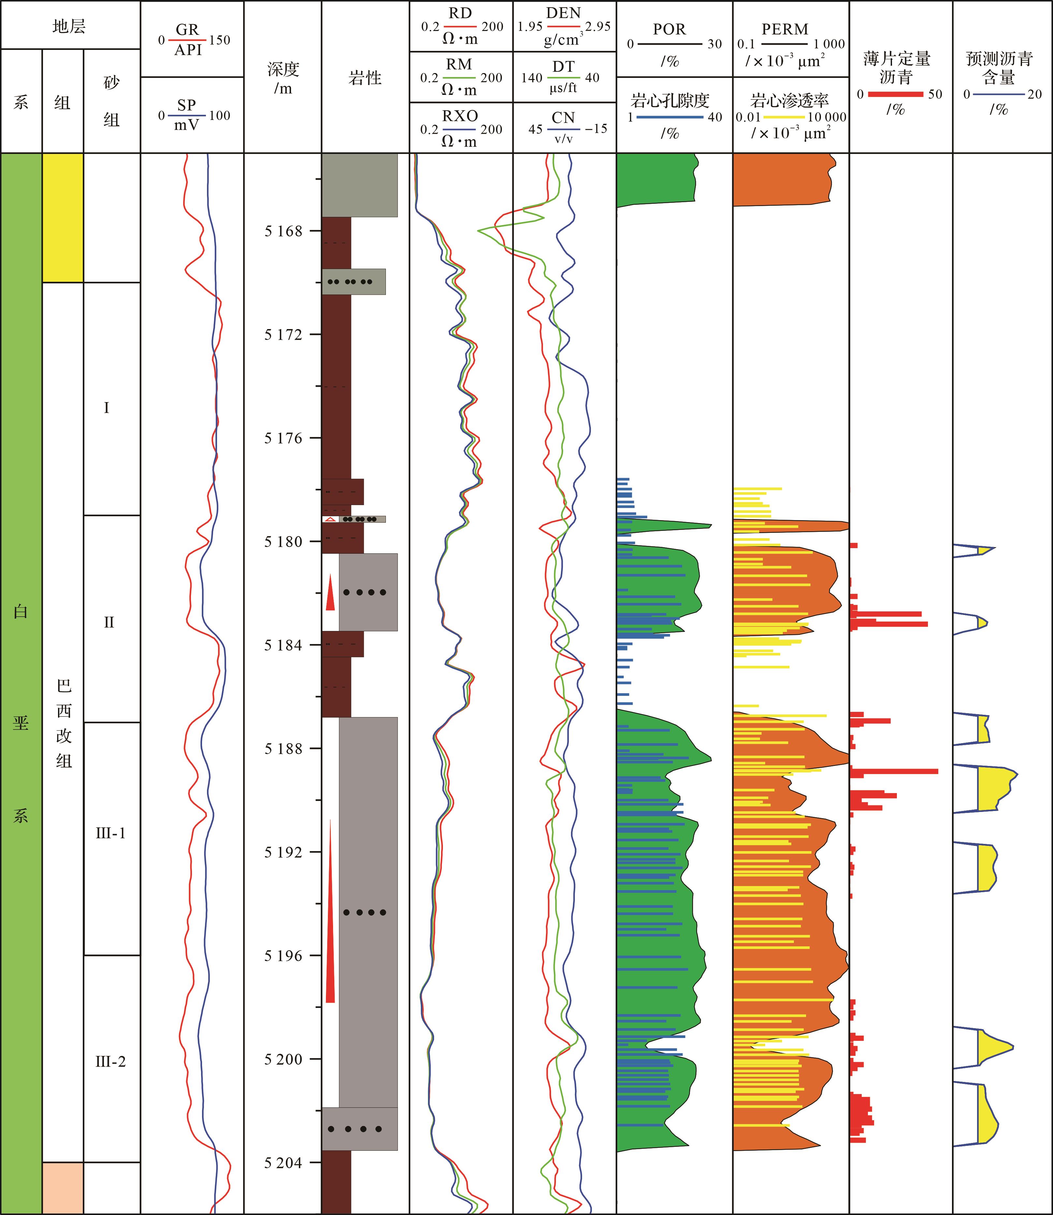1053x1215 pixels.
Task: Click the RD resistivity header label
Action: (460, 13)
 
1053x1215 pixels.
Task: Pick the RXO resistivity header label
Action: (460, 116)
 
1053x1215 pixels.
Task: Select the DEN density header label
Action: (563, 13)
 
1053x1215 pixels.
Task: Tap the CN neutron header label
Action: (563, 118)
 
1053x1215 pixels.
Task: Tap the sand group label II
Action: (109, 622)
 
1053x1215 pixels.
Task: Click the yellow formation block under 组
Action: (63, 217)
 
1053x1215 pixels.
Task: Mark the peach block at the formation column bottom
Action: (63, 1187)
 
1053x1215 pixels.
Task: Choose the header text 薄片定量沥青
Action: (897, 67)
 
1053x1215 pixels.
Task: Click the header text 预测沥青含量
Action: (999, 67)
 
